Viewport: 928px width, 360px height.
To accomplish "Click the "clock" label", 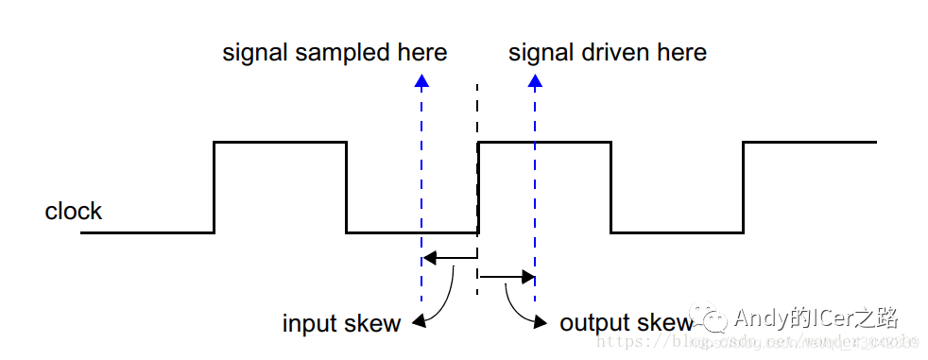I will pos(73,211).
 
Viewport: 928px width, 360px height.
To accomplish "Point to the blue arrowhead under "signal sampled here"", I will pos(421,80).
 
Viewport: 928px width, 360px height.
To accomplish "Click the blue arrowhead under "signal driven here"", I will pos(535,80).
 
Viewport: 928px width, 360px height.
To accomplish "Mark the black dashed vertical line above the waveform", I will pos(477,113).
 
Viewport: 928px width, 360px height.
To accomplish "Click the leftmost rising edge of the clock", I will pos(215,187).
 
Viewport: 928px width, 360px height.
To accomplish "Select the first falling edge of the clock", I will pos(347,187).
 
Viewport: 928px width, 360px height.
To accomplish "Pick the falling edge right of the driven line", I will pos(611,187).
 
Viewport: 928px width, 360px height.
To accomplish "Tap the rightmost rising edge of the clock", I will pos(744,187).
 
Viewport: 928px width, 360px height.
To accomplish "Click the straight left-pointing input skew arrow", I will pos(449,256).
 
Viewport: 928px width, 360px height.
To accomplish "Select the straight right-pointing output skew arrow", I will pos(507,277).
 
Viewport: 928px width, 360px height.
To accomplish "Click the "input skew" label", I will pos(341,323).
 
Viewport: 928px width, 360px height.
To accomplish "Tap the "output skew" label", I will pos(627,323).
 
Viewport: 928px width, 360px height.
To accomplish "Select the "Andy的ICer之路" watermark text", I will pos(815,317).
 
